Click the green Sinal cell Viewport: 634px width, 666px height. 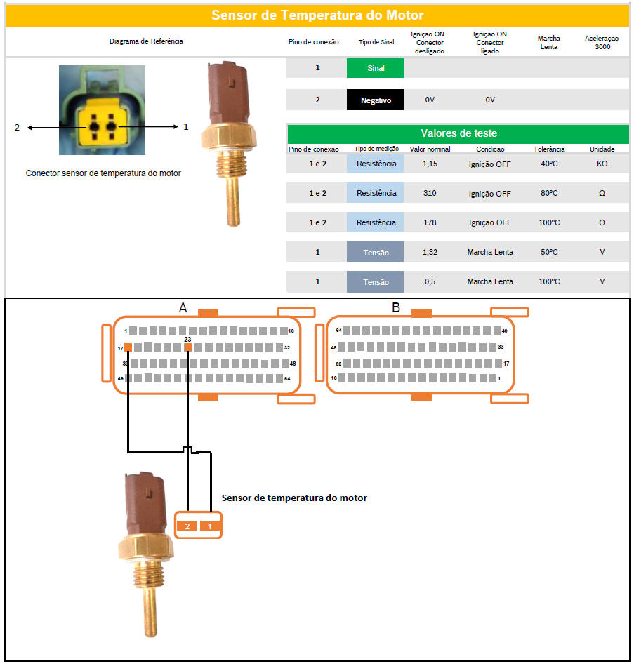(375, 68)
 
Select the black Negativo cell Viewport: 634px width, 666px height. (375, 100)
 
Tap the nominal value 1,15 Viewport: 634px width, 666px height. (430, 164)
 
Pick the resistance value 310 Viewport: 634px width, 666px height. (430, 193)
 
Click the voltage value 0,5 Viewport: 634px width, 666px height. (430, 281)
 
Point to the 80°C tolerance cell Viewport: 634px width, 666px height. (549, 193)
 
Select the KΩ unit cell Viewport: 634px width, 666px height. (602, 164)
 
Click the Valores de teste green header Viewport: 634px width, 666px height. (458, 133)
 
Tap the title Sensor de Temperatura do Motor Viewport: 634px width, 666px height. (317, 15)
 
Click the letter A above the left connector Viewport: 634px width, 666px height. (183, 307)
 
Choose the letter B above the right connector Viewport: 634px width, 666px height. (395, 307)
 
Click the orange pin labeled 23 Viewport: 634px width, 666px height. (187, 347)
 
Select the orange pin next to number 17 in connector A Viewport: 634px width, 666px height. (128, 347)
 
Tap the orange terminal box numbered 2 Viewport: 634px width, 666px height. (187, 526)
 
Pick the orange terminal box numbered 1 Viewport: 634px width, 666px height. (209, 526)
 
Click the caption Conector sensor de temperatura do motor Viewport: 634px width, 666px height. (103, 173)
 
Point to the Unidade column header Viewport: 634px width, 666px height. (602, 149)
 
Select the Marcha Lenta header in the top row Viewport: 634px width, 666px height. (548, 43)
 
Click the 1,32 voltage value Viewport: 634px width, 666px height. (430, 252)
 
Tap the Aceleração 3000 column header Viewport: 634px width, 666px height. (602, 43)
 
